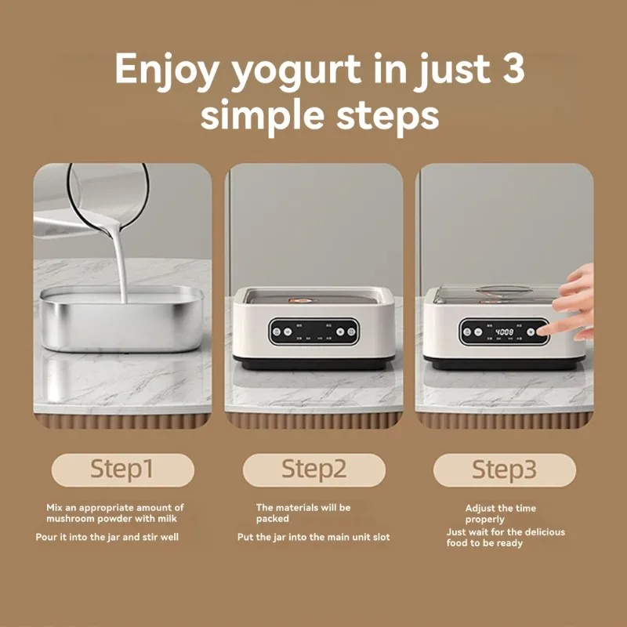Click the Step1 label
[122, 469]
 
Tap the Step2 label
[313, 469]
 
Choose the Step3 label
[505, 470]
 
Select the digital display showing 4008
[504, 332]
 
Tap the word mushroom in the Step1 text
[70, 519]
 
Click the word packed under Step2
[272, 519]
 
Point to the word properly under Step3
[484, 520]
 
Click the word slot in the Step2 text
[380, 538]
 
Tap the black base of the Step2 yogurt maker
[313, 364]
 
